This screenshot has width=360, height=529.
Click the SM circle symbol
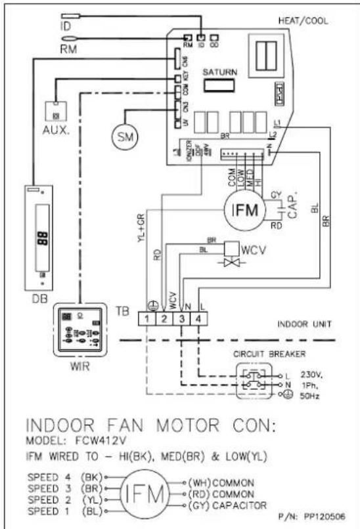click(x=122, y=136)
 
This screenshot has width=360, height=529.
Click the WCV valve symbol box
click(x=231, y=249)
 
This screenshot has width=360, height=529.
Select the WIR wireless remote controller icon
click(x=78, y=330)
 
